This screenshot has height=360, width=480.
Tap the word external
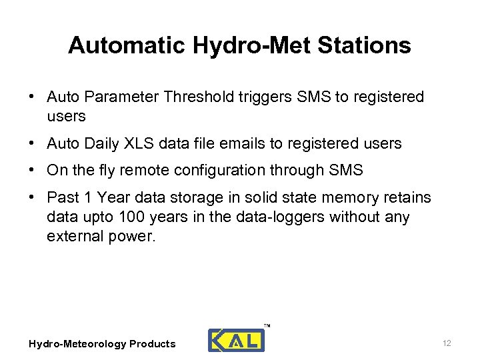pyautogui.click(x=71, y=237)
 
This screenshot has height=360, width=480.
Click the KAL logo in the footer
pyautogui.click(x=236, y=340)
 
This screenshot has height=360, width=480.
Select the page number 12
pyautogui.click(x=447, y=343)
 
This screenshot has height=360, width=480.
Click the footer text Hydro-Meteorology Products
pyautogui.click(x=102, y=344)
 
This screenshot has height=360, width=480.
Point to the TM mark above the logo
pyautogui.click(x=267, y=325)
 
